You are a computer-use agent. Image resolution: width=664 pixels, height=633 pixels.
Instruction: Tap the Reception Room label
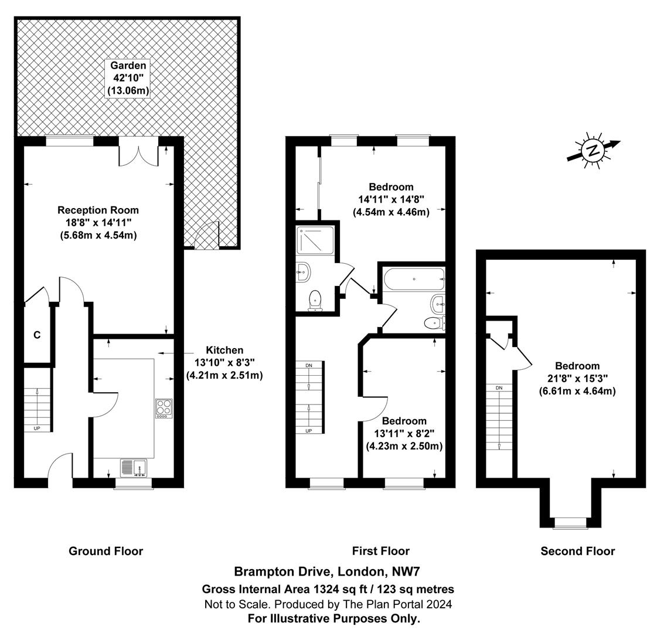coord(98,210)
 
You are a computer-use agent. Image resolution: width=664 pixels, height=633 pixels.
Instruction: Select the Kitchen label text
coord(224,350)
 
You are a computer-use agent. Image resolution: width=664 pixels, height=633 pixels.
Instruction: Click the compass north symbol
coord(593,150)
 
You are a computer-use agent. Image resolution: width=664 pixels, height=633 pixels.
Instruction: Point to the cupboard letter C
coord(37,335)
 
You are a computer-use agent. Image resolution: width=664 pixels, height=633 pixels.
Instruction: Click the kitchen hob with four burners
coord(164,407)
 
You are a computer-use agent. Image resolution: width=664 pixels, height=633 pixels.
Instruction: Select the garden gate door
coord(206,236)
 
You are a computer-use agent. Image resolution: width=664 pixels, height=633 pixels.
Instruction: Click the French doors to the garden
coord(138,151)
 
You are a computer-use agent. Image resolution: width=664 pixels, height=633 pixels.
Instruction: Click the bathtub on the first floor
coord(413,280)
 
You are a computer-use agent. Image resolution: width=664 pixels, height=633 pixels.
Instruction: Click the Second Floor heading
coord(577,551)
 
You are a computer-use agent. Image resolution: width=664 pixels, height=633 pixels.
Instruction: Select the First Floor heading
coord(380,551)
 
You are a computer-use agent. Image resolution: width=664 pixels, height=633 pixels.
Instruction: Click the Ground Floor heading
coord(105,551)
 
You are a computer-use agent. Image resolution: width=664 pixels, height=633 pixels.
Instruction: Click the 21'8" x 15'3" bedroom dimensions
coord(577,378)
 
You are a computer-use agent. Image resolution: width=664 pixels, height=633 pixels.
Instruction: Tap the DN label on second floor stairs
coord(499,388)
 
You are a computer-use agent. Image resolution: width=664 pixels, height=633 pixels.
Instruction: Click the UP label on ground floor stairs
coord(37,428)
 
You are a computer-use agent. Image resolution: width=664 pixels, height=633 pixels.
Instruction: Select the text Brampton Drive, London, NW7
coord(328,571)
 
